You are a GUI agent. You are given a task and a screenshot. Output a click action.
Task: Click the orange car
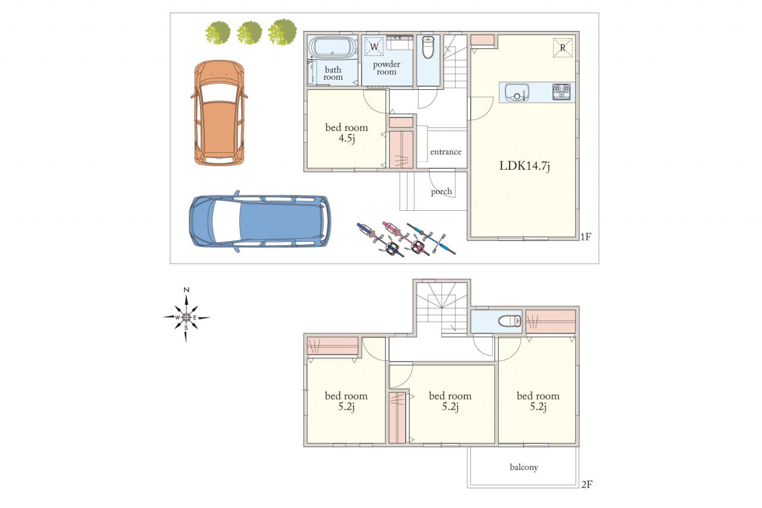pyautogui.click(x=219, y=113)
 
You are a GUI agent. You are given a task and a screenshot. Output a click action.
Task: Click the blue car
pyautogui.click(x=259, y=221)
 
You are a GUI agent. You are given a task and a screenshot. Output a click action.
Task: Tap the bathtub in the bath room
pyautogui.click(x=332, y=48)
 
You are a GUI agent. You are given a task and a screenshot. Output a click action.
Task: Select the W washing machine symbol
pyautogui.click(x=374, y=46)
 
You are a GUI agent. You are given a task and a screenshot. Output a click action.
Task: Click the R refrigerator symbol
pyautogui.click(x=563, y=48)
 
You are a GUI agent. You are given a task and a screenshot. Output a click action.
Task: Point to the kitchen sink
pyautogui.click(x=517, y=92)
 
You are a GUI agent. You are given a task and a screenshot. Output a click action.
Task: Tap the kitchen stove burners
pyautogui.click(x=561, y=92)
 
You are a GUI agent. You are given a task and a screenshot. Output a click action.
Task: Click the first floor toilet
pyautogui.click(x=427, y=47)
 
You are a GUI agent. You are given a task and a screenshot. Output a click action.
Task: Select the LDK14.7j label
pyautogui.click(x=524, y=166)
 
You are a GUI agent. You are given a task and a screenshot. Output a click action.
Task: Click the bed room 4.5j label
pyautogui.click(x=346, y=133)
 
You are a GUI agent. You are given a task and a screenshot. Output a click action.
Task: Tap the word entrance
pyautogui.click(x=446, y=152)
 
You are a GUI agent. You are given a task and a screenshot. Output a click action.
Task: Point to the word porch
pyautogui.click(x=442, y=192)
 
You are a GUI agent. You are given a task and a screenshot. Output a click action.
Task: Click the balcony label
pyautogui.click(x=524, y=467)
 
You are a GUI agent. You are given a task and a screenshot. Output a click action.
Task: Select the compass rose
pyautogui.click(x=186, y=316)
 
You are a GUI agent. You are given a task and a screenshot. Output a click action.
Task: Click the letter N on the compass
pyautogui.click(x=186, y=290)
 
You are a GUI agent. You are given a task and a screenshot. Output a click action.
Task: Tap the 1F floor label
pyautogui.click(x=586, y=236)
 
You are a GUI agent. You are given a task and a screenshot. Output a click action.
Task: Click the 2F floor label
pyautogui.click(x=587, y=484)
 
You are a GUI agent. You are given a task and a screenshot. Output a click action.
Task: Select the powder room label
pyautogui.click(x=386, y=68)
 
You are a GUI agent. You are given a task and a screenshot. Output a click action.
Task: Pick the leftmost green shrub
pyautogui.click(x=218, y=33)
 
